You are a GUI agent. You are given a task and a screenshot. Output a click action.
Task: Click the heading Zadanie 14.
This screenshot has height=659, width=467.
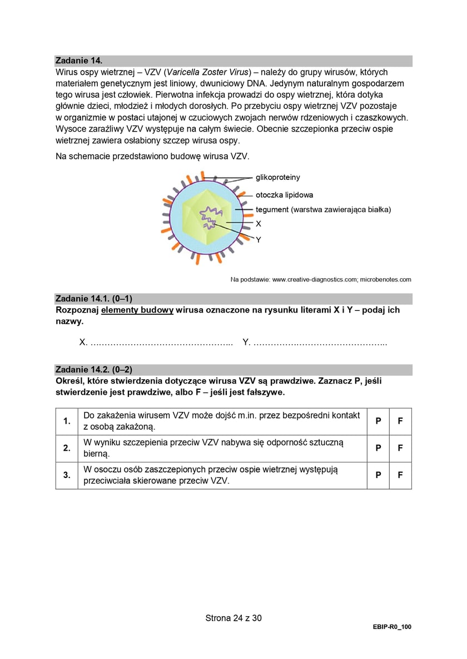coord(79,61)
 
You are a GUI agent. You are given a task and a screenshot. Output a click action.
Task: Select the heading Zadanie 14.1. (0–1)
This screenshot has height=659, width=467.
coord(94,299)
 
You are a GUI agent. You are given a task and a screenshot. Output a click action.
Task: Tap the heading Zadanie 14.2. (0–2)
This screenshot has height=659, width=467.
coord(94,369)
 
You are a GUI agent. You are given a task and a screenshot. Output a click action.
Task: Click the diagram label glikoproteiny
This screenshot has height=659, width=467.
coord(277,177)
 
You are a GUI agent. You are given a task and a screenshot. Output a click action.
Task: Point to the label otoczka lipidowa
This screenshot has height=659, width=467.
coord(284,195)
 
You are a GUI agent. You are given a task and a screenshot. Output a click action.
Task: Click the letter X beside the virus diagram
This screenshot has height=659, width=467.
coord(258,224)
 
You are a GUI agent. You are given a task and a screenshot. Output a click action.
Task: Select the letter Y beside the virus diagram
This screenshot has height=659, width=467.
coord(258,240)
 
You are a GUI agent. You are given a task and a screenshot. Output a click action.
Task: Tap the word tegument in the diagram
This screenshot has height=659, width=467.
coord(272,209)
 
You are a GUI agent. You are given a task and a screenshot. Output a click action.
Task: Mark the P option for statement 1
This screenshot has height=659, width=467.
coord(378,421)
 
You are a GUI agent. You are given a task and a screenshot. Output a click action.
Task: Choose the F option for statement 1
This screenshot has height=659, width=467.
coord(400,421)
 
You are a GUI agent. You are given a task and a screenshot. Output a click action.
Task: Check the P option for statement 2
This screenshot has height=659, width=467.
coord(378,448)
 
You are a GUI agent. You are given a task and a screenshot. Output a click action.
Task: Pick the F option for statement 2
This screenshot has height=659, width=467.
coord(400,448)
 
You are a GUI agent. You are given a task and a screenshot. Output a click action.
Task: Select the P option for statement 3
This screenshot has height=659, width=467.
coord(378,475)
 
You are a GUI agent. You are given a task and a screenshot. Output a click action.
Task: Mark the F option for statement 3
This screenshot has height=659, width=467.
coord(400,475)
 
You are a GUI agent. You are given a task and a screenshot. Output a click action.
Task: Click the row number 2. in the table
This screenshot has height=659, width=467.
coord(67,448)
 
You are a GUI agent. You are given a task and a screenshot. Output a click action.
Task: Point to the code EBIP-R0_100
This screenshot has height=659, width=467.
coord(393,626)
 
